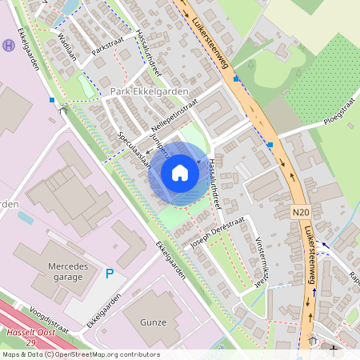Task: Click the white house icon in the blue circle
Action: [x=180, y=172]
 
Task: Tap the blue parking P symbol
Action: [x=110, y=274]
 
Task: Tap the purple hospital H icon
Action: [x=9, y=45]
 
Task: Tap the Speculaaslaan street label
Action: [x=134, y=148]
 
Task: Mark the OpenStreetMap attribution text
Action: [x=80, y=354]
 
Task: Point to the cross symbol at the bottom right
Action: [x=333, y=350]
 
